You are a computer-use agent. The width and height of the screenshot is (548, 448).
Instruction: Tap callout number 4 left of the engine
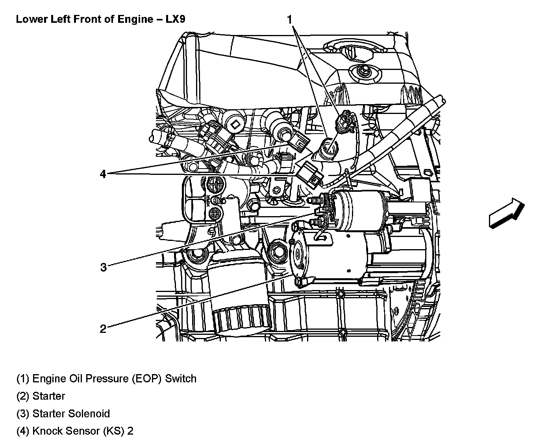pyautogui.click(x=103, y=174)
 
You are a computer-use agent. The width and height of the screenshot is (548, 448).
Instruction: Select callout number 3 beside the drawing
pyautogui.click(x=103, y=268)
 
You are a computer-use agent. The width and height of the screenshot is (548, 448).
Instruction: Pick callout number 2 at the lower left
pyautogui.click(x=103, y=329)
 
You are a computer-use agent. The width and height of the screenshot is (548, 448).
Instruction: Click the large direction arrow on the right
pyautogui.click(x=507, y=213)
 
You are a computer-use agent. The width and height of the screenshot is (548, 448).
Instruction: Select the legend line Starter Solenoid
pyautogui.click(x=63, y=413)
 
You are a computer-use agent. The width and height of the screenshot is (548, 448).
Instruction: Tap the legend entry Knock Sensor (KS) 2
pyautogui.click(x=75, y=431)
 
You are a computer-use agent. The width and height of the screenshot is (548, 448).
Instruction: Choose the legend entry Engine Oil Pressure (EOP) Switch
pyautogui.click(x=106, y=378)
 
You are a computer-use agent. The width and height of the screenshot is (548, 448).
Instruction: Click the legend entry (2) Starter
pyautogui.click(x=41, y=396)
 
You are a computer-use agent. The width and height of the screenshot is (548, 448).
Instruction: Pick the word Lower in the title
pyautogui.click(x=29, y=19)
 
